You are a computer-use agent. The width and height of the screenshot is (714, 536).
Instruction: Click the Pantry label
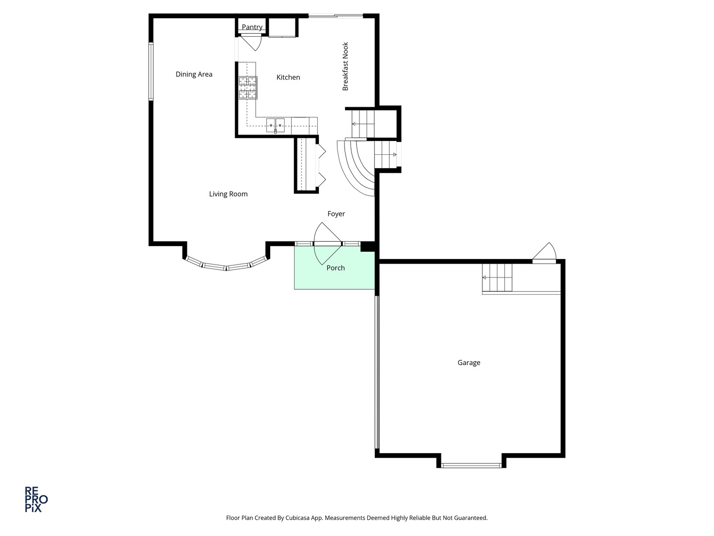tap(252, 27)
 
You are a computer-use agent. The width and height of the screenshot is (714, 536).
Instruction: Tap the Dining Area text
tap(194, 74)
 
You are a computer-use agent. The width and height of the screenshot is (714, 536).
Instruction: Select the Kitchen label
tap(288, 77)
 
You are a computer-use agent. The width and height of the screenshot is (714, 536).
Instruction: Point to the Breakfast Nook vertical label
tap(346, 67)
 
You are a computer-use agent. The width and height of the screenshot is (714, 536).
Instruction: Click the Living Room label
tap(228, 194)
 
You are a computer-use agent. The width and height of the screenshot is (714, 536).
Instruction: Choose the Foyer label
tap(336, 214)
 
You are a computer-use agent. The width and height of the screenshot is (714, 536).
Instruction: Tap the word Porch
tap(336, 268)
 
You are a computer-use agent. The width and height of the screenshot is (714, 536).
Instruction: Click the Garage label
tap(469, 363)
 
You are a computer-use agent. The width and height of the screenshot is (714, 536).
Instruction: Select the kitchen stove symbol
tap(247, 88)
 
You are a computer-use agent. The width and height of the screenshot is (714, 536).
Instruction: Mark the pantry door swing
tap(252, 43)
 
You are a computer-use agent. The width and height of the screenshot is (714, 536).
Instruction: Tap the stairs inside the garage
tap(497, 277)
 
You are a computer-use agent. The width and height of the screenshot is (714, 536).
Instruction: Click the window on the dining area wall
tap(151, 72)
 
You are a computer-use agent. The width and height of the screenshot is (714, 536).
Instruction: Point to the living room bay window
tap(227, 266)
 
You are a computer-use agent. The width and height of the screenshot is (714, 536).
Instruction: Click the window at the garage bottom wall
tap(471, 466)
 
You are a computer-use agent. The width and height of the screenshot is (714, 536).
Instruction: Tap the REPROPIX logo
tap(36, 499)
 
